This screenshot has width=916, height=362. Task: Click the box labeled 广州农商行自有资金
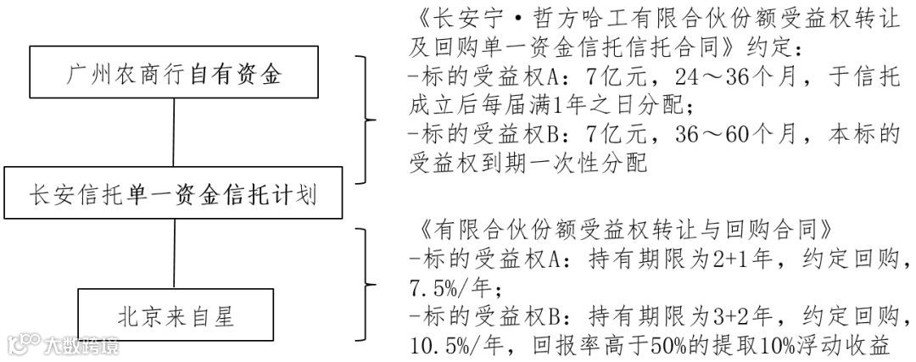174,74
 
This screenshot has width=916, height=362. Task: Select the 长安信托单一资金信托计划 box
174,197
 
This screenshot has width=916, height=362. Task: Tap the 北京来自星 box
176,315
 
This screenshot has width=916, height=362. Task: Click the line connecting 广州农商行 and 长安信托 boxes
174,136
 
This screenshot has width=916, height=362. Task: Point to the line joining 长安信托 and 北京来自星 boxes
174,255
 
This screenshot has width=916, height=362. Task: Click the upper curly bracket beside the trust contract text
366,120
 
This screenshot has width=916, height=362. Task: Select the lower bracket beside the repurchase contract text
366,284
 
